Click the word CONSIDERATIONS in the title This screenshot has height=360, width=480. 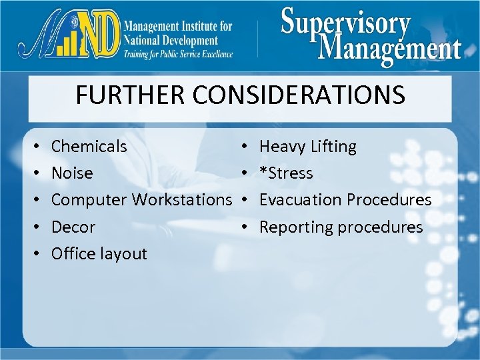(x=299, y=95)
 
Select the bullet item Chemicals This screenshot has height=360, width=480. (x=89, y=146)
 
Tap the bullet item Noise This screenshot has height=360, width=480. (x=72, y=173)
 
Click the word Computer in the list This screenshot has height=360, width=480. (x=89, y=199)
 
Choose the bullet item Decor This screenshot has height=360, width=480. (x=73, y=227)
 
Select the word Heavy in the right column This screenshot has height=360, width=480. (x=281, y=146)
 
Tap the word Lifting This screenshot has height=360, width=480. (x=333, y=146)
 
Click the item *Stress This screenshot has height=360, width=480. (x=286, y=173)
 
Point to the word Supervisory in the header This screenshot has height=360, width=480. (x=345, y=23)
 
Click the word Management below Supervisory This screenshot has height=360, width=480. (x=389, y=48)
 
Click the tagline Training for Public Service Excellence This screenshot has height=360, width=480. (x=178, y=54)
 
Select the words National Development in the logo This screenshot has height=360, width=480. (x=171, y=40)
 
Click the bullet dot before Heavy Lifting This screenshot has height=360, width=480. (x=245, y=147)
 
